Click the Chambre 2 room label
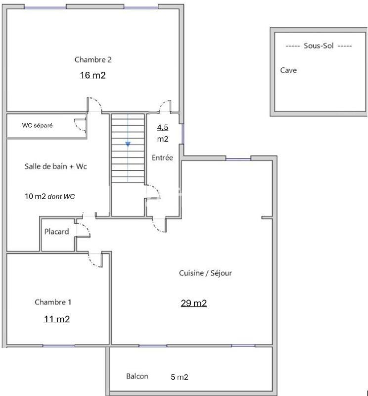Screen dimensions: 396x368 pyautogui.click(x=93, y=60)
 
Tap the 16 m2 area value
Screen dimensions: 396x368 pyautogui.click(x=93, y=76)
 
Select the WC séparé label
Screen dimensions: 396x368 pyautogui.click(x=37, y=126)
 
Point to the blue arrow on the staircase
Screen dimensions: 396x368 pyautogui.click(x=128, y=144)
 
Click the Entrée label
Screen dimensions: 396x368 pyautogui.click(x=162, y=158)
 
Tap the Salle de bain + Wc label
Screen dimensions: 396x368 pyautogui.click(x=55, y=166)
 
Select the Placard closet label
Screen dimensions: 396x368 pyautogui.click(x=57, y=232)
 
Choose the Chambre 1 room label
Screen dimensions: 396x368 pyautogui.click(x=56, y=302)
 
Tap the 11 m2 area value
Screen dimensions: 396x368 pyautogui.click(x=57, y=319)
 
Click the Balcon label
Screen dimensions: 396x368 pyautogui.click(x=137, y=376)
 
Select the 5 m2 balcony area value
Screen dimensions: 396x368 pyautogui.click(x=180, y=377)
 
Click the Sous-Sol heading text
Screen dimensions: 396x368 pyautogui.click(x=319, y=46)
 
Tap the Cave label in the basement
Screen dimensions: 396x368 pyautogui.click(x=288, y=70)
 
